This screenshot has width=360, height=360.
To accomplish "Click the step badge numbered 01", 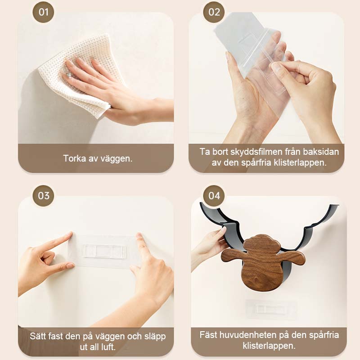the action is click(x=43, y=12).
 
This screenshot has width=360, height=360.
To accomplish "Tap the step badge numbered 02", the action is click(x=214, y=12).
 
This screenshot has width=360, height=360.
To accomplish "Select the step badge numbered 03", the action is click(x=43, y=196).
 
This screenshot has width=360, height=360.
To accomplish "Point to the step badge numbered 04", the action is click(x=214, y=196).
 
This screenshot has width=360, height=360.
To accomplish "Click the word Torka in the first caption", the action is click(x=74, y=158).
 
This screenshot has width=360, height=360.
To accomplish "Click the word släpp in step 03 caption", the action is click(x=155, y=337).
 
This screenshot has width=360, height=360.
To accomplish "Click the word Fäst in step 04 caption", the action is click(x=208, y=335).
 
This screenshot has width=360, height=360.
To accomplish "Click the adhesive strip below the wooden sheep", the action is click(x=270, y=309).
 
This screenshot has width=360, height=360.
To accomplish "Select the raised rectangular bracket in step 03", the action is click(x=104, y=251).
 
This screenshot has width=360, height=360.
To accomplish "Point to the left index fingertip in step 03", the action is click(x=70, y=234).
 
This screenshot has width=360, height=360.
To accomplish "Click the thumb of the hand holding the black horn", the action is click(x=221, y=229).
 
